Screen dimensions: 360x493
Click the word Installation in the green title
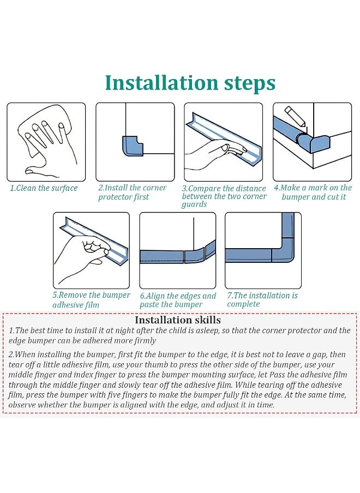[161, 82]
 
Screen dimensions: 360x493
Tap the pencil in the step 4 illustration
[295, 116]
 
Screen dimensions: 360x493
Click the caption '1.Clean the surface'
[44, 188]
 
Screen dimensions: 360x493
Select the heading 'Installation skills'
[178, 320]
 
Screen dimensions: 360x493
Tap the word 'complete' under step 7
[243, 304]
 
